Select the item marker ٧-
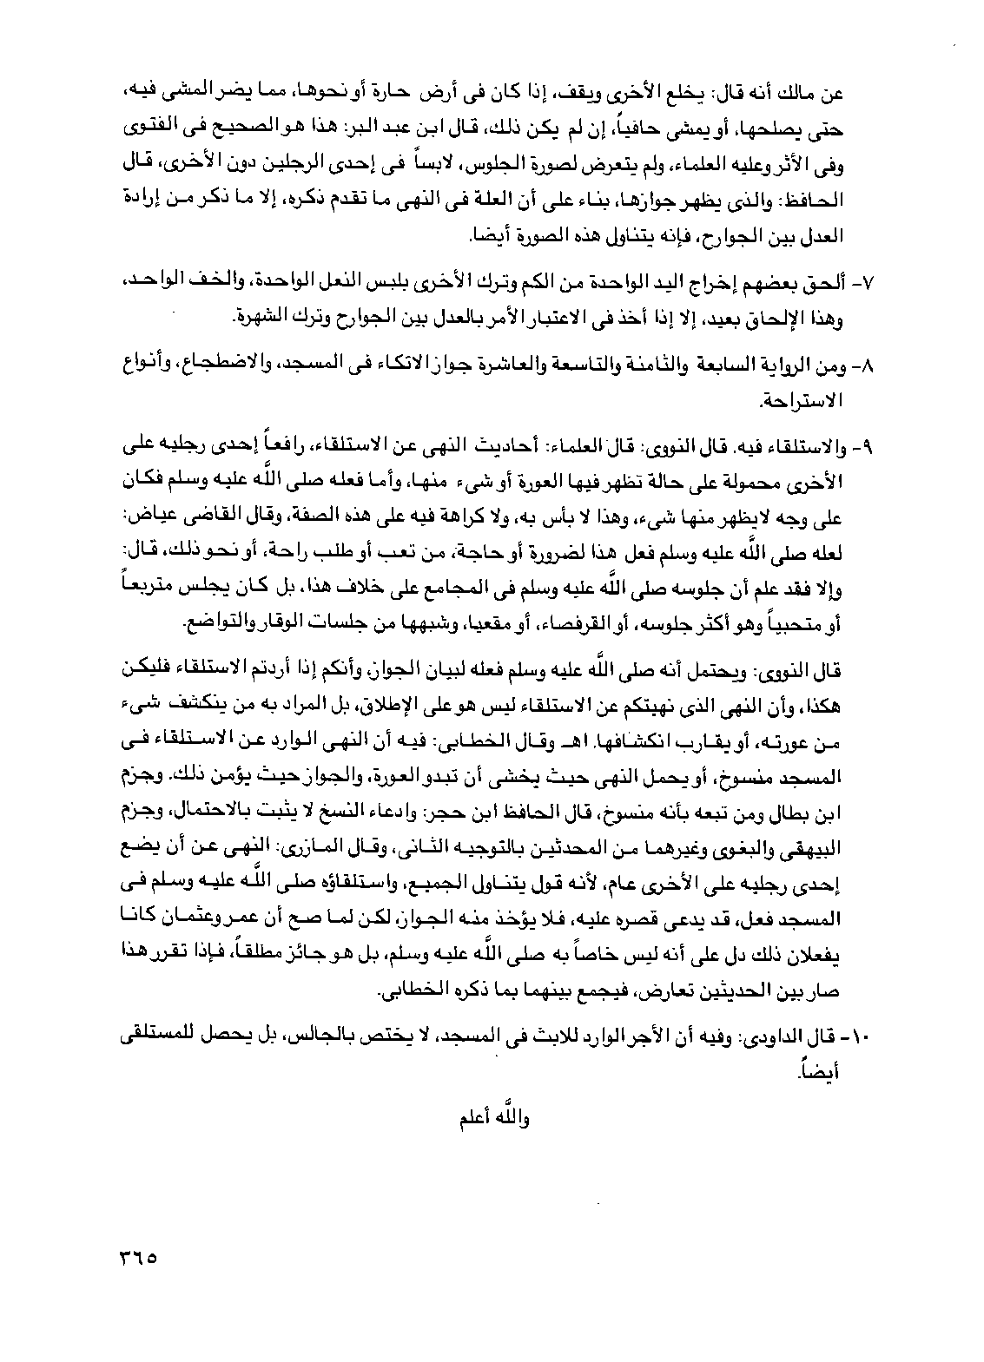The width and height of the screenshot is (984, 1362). (x=868, y=286)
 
